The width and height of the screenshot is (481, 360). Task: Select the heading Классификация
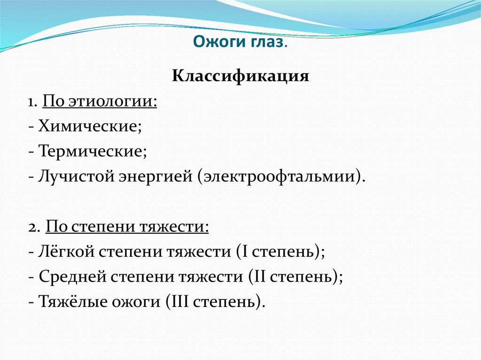[240, 76]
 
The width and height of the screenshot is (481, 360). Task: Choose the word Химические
[90, 126]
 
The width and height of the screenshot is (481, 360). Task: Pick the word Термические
[93, 152]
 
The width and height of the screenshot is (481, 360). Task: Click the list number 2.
[32, 227]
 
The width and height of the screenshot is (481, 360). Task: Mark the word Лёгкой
[67, 252]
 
